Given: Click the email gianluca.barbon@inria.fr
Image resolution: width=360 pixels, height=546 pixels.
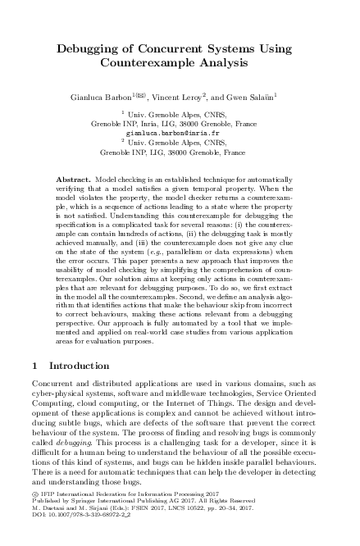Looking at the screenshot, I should [180, 131].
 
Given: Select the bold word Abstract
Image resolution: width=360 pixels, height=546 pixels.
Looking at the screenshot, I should [76, 178].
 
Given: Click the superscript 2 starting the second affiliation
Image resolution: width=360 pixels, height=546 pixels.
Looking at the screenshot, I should [121, 140].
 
